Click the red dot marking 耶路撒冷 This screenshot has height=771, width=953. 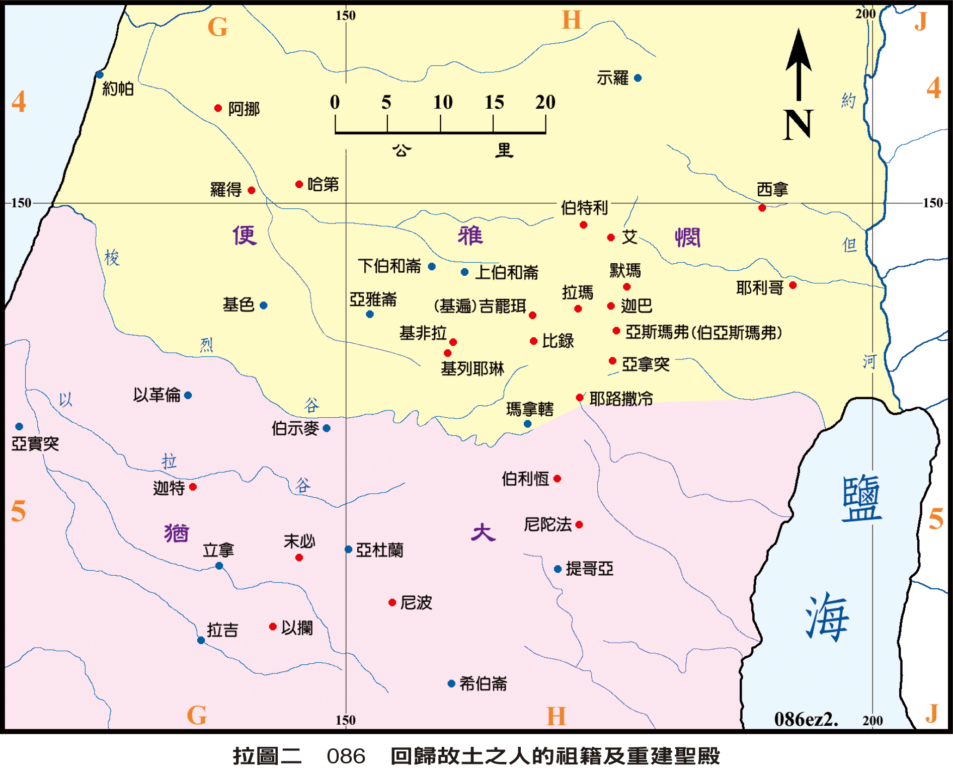point(580,398)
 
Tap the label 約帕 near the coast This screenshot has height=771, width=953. point(118,89)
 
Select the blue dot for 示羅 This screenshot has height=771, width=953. point(638,78)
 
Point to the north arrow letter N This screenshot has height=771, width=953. point(798,124)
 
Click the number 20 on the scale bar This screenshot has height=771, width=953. point(545,103)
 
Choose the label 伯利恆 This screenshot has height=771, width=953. point(525,479)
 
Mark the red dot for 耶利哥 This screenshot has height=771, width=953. point(792,285)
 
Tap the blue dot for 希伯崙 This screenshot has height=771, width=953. point(451,683)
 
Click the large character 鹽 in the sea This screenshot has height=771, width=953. point(862,498)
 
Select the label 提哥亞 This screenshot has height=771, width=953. point(589,569)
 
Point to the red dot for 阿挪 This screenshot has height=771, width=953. point(218,108)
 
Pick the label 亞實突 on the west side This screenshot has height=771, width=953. point(35,443)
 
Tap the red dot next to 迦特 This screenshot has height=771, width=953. point(193,487)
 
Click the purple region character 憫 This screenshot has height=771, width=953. point(687,238)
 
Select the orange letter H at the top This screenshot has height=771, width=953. point(572,21)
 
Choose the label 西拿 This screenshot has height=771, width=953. point(772,190)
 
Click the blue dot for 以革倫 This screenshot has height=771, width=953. point(188,395)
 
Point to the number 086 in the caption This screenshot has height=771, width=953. point(346,756)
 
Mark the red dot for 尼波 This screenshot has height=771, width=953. point(392,602)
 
